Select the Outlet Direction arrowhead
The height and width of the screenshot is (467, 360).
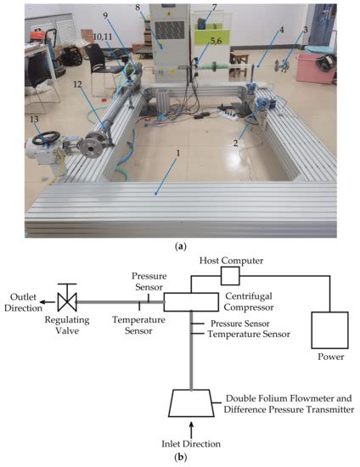pos(46,301)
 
